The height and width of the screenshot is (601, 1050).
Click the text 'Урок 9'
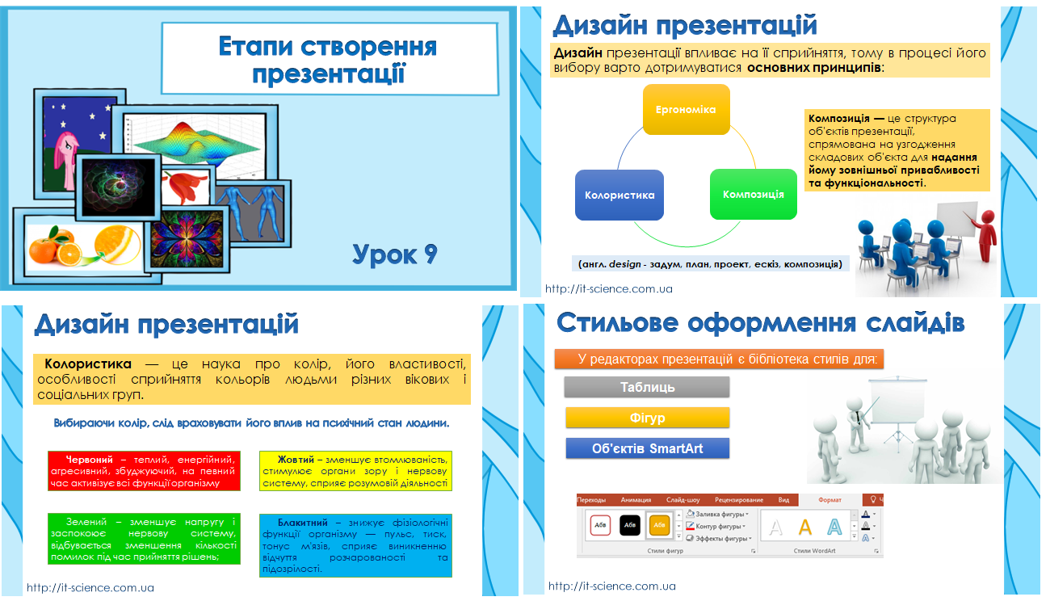(x=395, y=254)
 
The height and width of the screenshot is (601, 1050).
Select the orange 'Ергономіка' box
(x=685, y=109)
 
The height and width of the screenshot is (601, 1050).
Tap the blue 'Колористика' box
(x=619, y=195)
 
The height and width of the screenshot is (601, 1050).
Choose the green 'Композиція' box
(x=753, y=194)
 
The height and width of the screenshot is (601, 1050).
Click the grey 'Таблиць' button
(x=647, y=387)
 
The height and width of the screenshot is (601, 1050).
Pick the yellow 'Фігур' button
(x=647, y=418)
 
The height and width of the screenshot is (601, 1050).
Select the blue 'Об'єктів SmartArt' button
(x=647, y=448)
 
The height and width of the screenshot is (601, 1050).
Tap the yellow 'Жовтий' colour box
(x=355, y=471)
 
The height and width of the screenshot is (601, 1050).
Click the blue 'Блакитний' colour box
(x=355, y=545)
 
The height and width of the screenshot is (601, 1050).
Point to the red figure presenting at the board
(x=986, y=235)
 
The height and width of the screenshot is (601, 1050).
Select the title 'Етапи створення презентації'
(x=327, y=59)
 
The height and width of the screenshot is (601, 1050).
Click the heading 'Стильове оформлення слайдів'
(x=760, y=323)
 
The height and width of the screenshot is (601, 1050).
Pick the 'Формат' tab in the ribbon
(x=829, y=500)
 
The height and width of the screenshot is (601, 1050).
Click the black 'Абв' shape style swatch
(x=630, y=526)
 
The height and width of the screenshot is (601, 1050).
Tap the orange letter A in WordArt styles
(x=804, y=527)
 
